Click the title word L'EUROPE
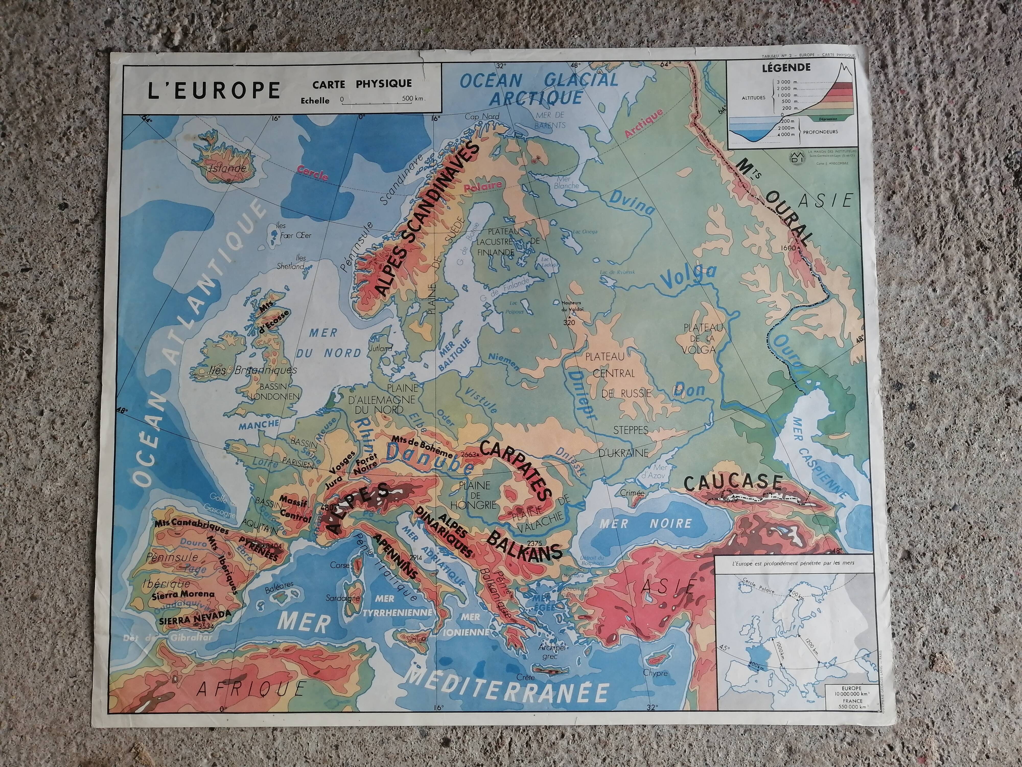point(214,90)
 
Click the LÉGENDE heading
point(789,67)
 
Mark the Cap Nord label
point(482,117)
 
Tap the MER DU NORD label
point(328,343)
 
